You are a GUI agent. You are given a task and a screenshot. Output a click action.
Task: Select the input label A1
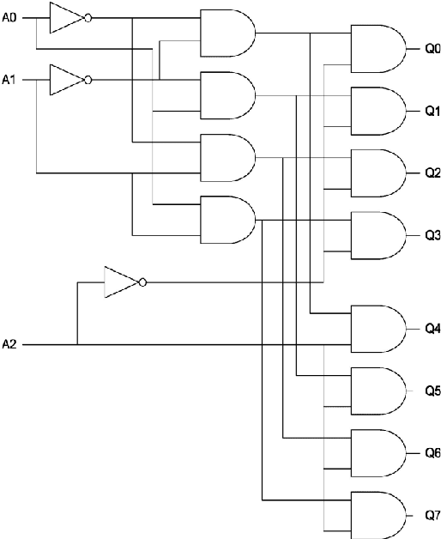coord(9,80)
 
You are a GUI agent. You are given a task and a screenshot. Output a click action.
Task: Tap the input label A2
coord(9,344)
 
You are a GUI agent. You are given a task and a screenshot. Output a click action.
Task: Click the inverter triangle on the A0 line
coord(65,17)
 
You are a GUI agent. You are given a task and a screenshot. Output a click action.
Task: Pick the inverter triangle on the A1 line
coord(65,80)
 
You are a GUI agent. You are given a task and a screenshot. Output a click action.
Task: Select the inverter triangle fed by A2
coord(120,282)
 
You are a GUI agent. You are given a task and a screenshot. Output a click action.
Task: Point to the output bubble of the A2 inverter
coord(142,282)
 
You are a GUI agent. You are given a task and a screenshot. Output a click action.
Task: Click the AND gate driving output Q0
coord(378,47)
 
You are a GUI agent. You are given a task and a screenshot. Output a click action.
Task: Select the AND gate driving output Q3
coord(378,234)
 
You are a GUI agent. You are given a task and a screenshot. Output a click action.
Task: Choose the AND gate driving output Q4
coord(378,328)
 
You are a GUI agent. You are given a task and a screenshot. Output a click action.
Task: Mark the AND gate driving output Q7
coord(378,515)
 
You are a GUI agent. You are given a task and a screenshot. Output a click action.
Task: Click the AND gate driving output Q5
coord(378,391)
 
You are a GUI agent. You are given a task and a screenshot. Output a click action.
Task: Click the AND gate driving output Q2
coord(378,173)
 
